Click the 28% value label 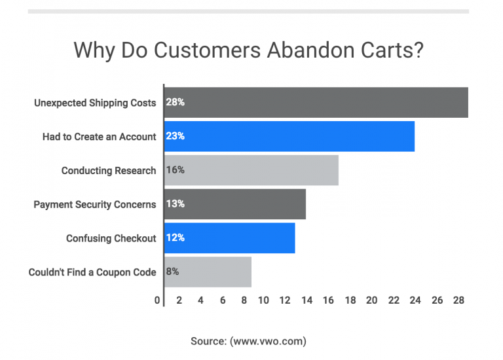pyautogui.click(x=176, y=103)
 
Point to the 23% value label pyautogui.click(x=176, y=137)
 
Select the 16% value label pyautogui.click(x=176, y=170)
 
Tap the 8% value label pyautogui.click(x=173, y=272)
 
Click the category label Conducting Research pyautogui.click(x=109, y=171)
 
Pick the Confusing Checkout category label pyautogui.click(x=111, y=238)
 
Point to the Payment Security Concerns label pyautogui.click(x=95, y=204)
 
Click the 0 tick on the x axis pyautogui.click(x=158, y=300)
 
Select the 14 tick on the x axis pyautogui.click(x=307, y=300)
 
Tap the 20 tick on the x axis pyautogui.click(x=371, y=300)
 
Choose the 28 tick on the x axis pyautogui.click(x=458, y=300)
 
